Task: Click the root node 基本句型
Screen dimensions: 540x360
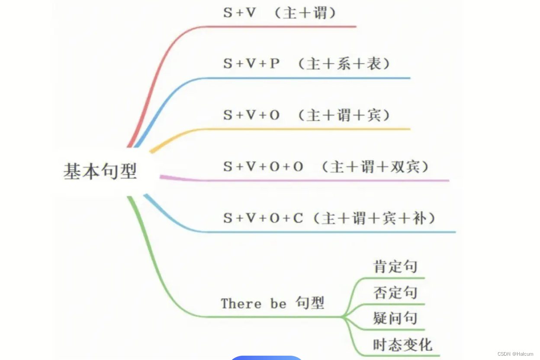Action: point(100,171)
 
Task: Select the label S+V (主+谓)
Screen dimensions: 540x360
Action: point(280,13)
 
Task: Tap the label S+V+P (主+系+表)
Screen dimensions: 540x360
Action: point(307,64)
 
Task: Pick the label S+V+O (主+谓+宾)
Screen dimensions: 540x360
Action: point(307,115)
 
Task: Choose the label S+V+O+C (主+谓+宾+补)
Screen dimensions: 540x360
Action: point(330,218)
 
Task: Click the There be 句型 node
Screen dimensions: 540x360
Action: point(273,303)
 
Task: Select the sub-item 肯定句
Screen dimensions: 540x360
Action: point(395,267)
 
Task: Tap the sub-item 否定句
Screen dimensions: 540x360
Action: point(395,292)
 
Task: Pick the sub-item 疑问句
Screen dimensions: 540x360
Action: point(395,318)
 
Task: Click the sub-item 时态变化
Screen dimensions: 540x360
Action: point(402,345)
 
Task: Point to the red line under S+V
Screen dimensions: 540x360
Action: point(281,26)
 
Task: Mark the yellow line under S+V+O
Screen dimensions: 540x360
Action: point(303,129)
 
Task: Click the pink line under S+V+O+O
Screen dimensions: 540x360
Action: point(325,180)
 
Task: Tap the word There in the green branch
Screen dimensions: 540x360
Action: point(241,303)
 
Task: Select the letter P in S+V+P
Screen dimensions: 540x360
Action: point(275,64)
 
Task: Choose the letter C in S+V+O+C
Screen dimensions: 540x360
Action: point(298,218)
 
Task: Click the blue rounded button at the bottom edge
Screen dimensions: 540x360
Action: point(266,357)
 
